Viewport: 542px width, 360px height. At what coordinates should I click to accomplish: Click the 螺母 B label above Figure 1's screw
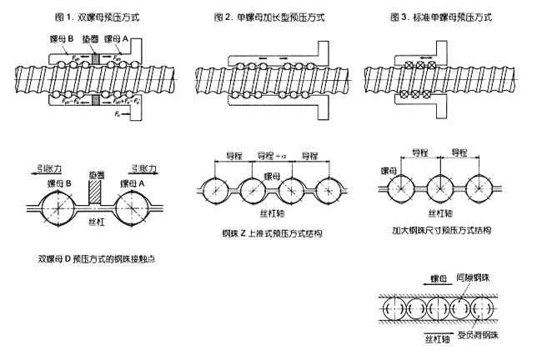click(63, 39)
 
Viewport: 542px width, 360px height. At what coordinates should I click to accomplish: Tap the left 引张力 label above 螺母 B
click(38, 165)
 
